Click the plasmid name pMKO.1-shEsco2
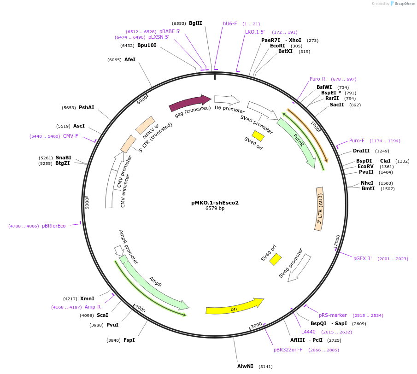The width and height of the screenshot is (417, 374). pos(215,203)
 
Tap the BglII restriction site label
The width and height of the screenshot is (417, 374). pos(195,23)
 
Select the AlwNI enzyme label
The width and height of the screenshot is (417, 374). pos(245,367)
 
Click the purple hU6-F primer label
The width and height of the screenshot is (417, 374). pos(230,23)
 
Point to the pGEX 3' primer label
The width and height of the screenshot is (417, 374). pos(362,259)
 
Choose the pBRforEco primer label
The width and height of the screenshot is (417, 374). pos(53,226)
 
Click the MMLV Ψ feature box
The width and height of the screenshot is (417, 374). pos(147,125)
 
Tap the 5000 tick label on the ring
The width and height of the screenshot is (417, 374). pos(87,203)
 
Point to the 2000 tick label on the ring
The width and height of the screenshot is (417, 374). pos(337,240)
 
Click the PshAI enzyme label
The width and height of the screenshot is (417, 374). pos(86,107)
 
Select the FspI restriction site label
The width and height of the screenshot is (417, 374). pos(129,340)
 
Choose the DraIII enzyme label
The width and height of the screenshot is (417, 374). pos(361,151)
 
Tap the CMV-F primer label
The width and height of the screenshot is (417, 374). pos(70,136)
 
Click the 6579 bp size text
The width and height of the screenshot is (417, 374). pos(215,209)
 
